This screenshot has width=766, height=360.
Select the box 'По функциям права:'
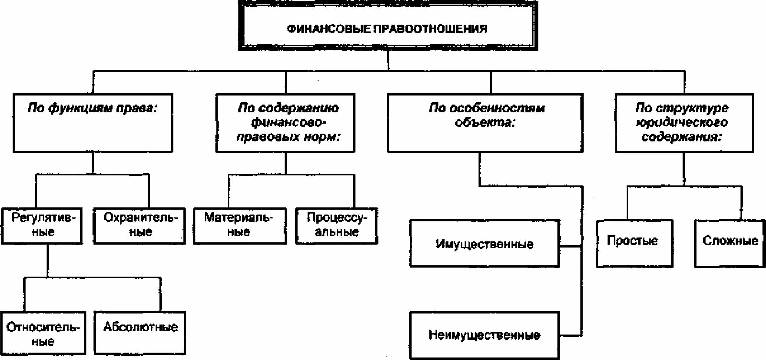click(x=93, y=123)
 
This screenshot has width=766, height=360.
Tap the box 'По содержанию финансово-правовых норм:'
click(x=285, y=123)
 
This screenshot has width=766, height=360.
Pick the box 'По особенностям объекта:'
click(x=485, y=123)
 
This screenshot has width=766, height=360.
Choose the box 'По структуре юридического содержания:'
click(x=684, y=123)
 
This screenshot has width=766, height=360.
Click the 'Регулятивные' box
click(x=42, y=225)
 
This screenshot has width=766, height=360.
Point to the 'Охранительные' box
click(x=139, y=225)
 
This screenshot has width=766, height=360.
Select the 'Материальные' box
click(x=240, y=225)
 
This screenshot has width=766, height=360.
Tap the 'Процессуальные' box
click(x=336, y=225)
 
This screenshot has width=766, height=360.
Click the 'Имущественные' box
click(x=484, y=243)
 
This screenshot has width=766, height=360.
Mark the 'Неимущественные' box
click(x=484, y=335)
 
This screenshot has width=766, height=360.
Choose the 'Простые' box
click(x=634, y=243)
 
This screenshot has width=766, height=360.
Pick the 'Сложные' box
click(x=730, y=243)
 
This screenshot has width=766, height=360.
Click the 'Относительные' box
click(x=43, y=333)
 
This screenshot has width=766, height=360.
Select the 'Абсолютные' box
click(x=140, y=333)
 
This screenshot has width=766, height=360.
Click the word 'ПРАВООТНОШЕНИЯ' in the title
click(x=430, y=29)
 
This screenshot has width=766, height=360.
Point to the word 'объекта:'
click(x=485, y=122)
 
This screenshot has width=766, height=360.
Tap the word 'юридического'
click(x=682, y=123)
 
